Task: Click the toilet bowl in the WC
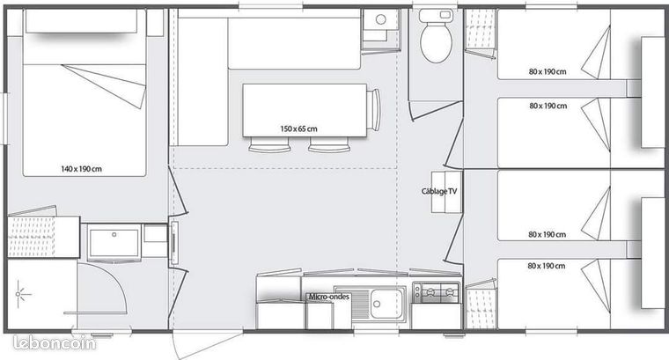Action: tap(436, 41)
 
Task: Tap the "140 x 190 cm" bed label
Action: tap(81, 169)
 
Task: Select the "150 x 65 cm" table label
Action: tap(298, 129)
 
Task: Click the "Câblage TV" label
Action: tap(439, 192)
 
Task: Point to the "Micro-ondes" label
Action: tap(329, 297)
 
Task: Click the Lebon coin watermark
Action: tap(55, 343)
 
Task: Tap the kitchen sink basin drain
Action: tap(377, 304)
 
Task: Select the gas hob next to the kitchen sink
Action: tap(437, 292)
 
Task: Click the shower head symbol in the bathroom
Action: tap(18, 294)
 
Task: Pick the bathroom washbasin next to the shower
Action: tap(114, 242)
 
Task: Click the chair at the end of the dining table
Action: tap(374, 110)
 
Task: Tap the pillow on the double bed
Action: tap(82, 21)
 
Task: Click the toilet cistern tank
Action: tap(436, 15)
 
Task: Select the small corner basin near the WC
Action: tap(380, 26)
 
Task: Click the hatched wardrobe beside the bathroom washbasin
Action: tap(31, 237)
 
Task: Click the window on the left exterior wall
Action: tap(4, 118)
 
